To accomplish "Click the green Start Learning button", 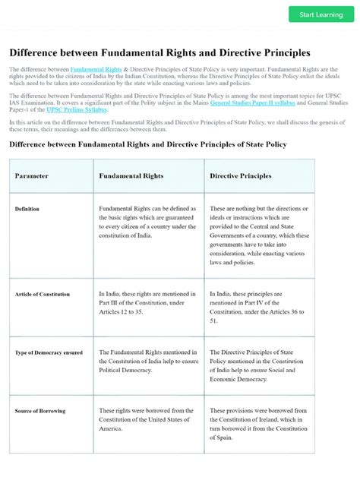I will [x=321, y=14].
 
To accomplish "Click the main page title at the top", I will [x=159, y=53].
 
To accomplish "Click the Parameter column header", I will [x=31, y=176].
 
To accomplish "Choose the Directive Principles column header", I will [x=240, y=176].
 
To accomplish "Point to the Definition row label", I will [x=27, y=209].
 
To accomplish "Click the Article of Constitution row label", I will [x=42, y=294].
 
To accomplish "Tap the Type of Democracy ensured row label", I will [x=47, y=352].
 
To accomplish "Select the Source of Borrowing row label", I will [x=40, y=411].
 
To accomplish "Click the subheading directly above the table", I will [x=147, y=144].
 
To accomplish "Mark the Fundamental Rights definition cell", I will [x=149, y=222].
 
